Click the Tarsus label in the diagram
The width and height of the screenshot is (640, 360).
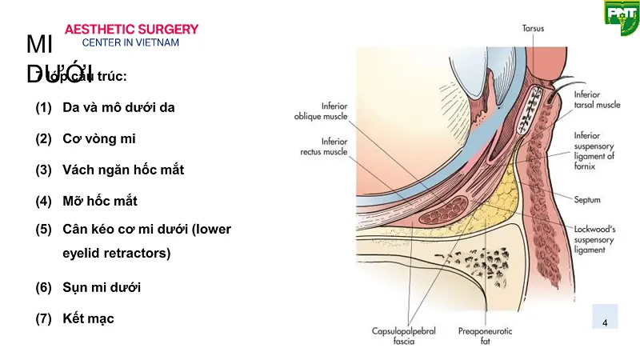(533, 28)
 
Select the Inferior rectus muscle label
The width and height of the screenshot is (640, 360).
(322, 146)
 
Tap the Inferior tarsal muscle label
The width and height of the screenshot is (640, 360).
(597, 99)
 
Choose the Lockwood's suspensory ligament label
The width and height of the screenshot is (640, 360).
(596, 238)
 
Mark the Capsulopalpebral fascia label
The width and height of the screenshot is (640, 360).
(403, 335)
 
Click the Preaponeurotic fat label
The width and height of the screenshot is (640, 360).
(485, 335)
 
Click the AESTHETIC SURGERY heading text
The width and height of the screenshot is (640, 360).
(131, 30)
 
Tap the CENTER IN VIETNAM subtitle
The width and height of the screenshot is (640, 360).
(131, 42)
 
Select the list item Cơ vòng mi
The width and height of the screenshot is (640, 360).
(99, 138)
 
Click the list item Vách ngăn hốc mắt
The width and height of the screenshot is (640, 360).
(123, 170)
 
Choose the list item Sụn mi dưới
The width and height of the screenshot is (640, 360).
(102, 286)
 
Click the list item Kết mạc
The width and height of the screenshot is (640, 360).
(88, 318)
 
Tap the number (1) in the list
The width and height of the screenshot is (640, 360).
(43, 107)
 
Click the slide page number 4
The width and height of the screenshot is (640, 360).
(604, 322)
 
